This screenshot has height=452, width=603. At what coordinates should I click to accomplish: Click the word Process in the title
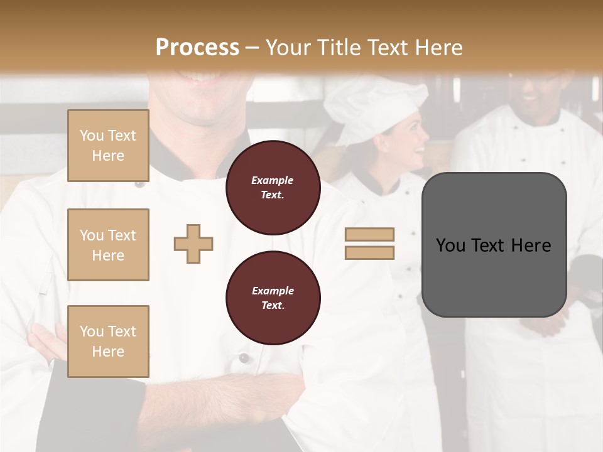point(197,48)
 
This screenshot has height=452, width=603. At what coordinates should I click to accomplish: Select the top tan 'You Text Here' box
point(108,146)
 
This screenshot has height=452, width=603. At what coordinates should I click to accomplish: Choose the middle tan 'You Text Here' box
point(108,245)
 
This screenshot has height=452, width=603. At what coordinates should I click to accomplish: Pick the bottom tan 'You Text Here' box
point(108,342)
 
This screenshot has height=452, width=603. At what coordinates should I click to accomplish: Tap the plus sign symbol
point(193,244)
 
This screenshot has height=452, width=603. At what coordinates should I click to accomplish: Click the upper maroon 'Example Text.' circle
point(273,188)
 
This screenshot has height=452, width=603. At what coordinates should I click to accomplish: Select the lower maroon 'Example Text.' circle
point(273,298)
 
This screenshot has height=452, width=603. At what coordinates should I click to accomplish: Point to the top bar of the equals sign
point(369,234)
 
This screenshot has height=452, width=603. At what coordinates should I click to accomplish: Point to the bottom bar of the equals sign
point(369,252)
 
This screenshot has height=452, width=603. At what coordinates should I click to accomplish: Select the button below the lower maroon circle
point(244,358)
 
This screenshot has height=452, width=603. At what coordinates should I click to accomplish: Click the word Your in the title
point(286,48)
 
